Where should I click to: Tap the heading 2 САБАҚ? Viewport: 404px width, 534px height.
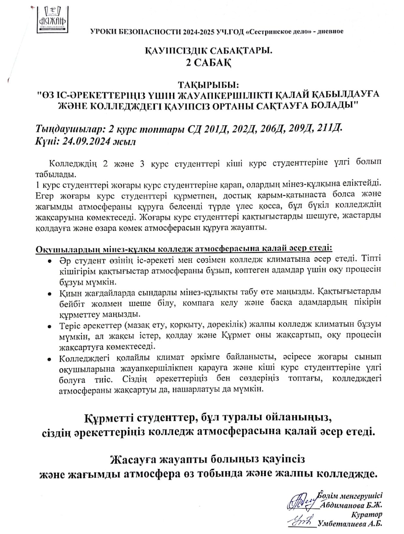208,63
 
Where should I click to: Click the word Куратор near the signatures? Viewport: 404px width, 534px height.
367,514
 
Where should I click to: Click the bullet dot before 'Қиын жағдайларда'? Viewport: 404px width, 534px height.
49,294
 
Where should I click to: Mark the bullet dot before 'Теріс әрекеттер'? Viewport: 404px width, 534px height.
49,326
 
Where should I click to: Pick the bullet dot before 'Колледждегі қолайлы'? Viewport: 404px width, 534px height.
49,359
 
